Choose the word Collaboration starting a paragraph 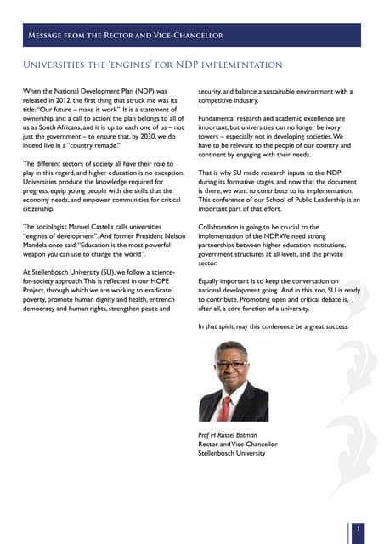coord(222,227)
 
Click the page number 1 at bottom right coord(359,529)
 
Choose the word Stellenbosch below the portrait coord(218,454)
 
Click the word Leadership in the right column coord(321,200)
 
